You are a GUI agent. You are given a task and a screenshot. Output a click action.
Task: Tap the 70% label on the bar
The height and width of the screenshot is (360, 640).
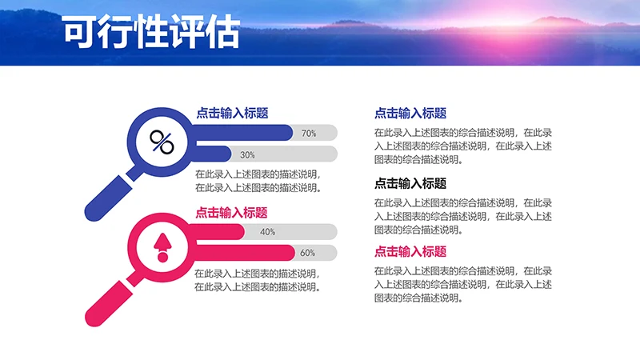pos(309,133)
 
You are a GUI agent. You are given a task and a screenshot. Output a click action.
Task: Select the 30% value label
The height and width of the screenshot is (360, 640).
pos(247,154)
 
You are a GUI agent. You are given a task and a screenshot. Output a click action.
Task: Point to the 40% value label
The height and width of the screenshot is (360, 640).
pos(268,232)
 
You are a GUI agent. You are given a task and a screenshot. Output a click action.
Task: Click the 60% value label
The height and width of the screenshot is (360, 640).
pos(307,253)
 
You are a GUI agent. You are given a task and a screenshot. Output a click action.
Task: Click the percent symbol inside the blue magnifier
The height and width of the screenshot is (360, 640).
pos(162,143)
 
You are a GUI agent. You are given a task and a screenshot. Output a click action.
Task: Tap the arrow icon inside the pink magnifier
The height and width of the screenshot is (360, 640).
pos(162,247)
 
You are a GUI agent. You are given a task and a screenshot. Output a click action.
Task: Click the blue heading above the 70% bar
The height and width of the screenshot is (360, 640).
pos(232,114)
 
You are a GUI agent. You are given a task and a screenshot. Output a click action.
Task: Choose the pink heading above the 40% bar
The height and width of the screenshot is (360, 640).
pos(232,213)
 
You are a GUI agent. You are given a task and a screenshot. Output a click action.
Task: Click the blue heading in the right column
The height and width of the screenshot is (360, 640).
pos(410,114)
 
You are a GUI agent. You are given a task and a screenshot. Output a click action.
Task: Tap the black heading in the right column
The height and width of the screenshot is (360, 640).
pos(410,183)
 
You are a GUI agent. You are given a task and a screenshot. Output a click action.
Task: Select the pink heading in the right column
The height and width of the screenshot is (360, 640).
pos(410,251)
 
